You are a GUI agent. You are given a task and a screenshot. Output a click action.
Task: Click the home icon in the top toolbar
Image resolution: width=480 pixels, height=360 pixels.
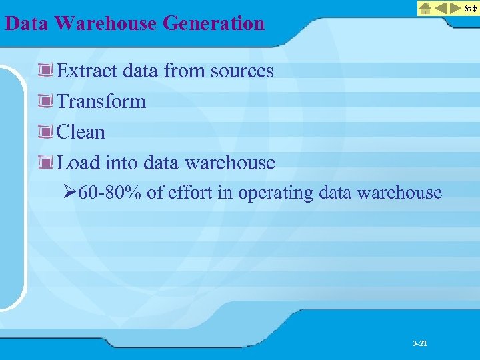pos(425,9)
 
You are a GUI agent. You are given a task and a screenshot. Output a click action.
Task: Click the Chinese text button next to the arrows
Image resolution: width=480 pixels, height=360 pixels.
pos(471,9)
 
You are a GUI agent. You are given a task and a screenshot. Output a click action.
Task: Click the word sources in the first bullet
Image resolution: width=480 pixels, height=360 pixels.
pos(242,71)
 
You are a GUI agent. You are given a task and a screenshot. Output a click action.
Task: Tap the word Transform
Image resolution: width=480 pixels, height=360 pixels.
pos(101,101)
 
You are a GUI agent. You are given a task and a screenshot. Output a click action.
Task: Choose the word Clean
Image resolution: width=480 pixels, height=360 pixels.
pos(81,132)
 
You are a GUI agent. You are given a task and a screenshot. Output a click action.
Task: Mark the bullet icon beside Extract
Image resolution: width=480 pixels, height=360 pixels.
pos(46,70)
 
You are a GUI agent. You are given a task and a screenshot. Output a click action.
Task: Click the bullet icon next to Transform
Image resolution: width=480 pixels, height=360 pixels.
pos(46,101)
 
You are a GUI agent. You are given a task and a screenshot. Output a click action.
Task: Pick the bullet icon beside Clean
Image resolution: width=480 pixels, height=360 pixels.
pos(46,131)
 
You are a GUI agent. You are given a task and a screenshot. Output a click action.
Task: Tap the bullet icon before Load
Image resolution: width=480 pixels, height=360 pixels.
pos(46,162)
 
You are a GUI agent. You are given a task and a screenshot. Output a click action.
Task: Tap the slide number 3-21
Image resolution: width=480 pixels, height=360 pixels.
pos(420,343)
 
